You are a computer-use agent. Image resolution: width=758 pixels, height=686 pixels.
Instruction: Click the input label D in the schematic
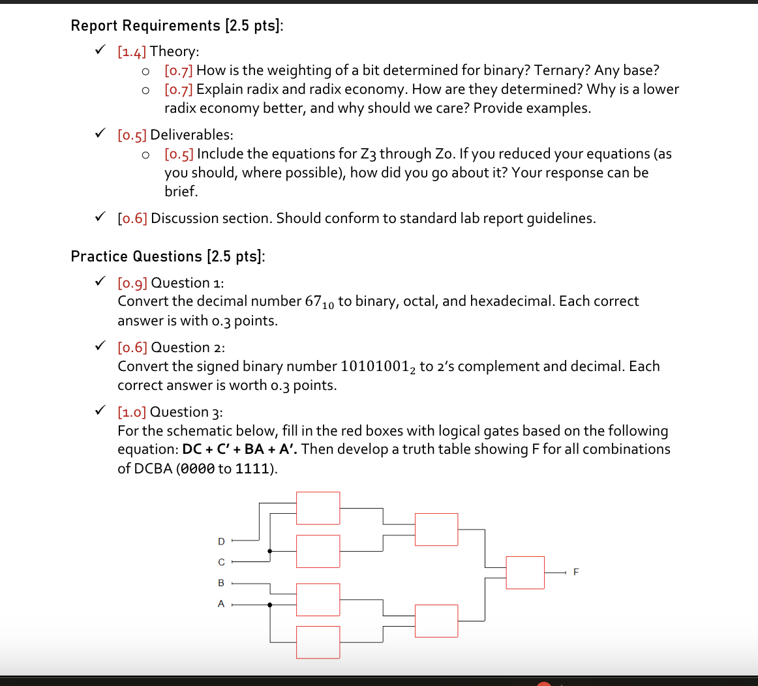click(221, 541)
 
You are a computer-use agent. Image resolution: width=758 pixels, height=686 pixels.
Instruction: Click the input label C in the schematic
click(221, 562)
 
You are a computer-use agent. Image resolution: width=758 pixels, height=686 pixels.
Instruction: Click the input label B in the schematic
click(221, 583)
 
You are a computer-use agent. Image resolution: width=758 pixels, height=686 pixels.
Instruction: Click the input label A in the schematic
click(221, 604)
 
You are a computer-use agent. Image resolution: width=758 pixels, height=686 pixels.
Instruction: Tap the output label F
click(575, 573)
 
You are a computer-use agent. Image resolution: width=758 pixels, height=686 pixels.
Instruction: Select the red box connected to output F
click(525, 573)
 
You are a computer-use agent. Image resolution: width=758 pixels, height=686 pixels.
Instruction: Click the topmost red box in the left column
click(318, 508)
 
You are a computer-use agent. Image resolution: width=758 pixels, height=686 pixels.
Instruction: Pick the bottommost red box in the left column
click(318, 642)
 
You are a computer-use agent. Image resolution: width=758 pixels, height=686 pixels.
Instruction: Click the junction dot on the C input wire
click(270, 551)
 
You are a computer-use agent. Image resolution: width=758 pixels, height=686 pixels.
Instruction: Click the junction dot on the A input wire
click(270, 604)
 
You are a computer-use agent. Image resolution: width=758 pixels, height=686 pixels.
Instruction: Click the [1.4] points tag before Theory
click(132, 52)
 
